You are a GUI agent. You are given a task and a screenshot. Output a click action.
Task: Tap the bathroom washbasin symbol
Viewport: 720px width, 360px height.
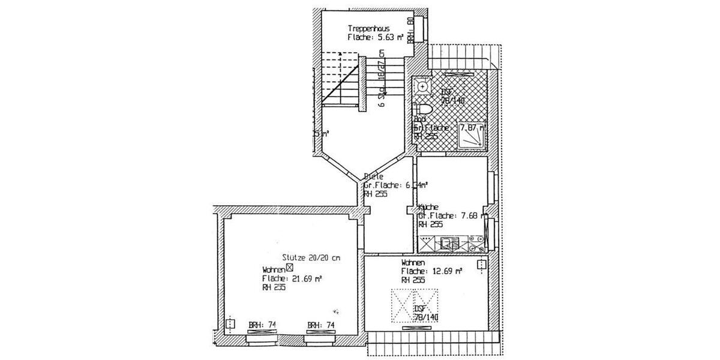[x=424, y=87]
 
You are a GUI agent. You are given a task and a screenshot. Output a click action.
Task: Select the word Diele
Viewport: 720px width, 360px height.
[x=373, y=177]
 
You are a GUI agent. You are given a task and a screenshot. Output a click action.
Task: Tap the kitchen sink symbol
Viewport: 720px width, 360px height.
[x=449, y=244]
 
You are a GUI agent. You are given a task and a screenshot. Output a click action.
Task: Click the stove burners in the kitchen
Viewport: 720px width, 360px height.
[x=478, y=244]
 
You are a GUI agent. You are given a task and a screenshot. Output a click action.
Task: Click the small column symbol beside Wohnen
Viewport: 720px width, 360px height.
[x=290, y=268]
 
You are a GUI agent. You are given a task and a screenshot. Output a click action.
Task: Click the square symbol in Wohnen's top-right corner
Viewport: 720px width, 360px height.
[x=481, y=265]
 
